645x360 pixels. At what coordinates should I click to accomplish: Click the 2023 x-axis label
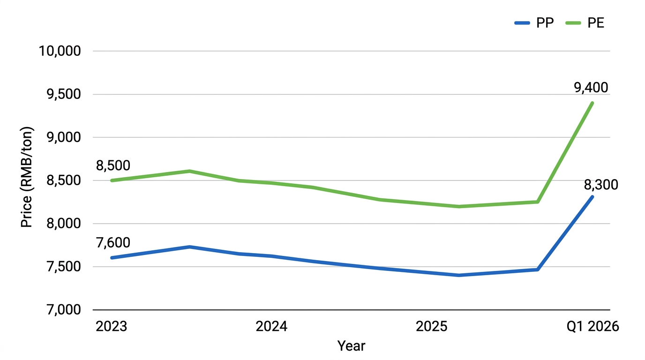(x=112, y=327)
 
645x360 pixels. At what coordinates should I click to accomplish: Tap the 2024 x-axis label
(x=271, y=327)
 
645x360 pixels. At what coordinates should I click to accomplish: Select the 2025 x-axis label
(x=432, y=327)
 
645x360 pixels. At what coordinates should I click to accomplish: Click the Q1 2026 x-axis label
(x=592, y=327)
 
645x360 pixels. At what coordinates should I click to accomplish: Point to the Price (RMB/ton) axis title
(x=27, y=177)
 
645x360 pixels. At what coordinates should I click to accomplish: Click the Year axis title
(x=351, y=346)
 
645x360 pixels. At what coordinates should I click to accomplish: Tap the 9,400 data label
(x=591, y=87)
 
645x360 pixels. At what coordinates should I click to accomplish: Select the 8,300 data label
(x=601, y=185)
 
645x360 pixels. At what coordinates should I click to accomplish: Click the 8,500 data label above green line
(x=113, y=165)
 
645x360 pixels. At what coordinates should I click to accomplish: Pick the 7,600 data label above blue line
(x=113, y=243)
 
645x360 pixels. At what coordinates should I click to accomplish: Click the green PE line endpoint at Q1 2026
(x=592, y=103)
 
